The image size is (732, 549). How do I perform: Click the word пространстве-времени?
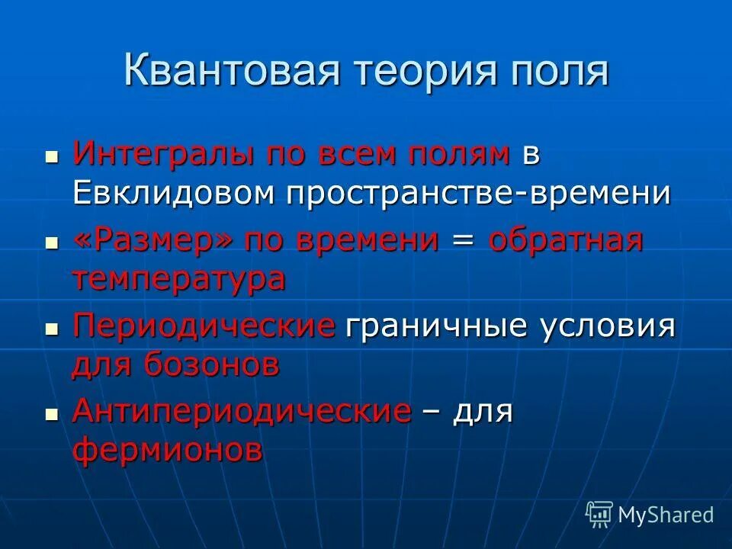pos(479,194)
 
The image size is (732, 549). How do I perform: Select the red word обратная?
pos(566,241)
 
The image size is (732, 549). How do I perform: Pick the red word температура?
pos(179,279)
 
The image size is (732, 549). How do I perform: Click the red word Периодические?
pos(204,326)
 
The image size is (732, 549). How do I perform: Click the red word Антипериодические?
pos(242,412)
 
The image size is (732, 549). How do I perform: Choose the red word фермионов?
pos(168,450)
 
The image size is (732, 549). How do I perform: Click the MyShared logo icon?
pos(599,514)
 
